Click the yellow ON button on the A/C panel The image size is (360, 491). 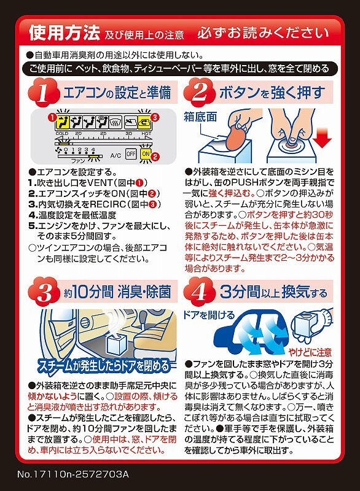point(146,154)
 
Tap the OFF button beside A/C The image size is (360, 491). point(130,154)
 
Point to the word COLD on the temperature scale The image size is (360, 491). point(62,133)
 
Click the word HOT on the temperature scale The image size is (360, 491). point(147,133)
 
